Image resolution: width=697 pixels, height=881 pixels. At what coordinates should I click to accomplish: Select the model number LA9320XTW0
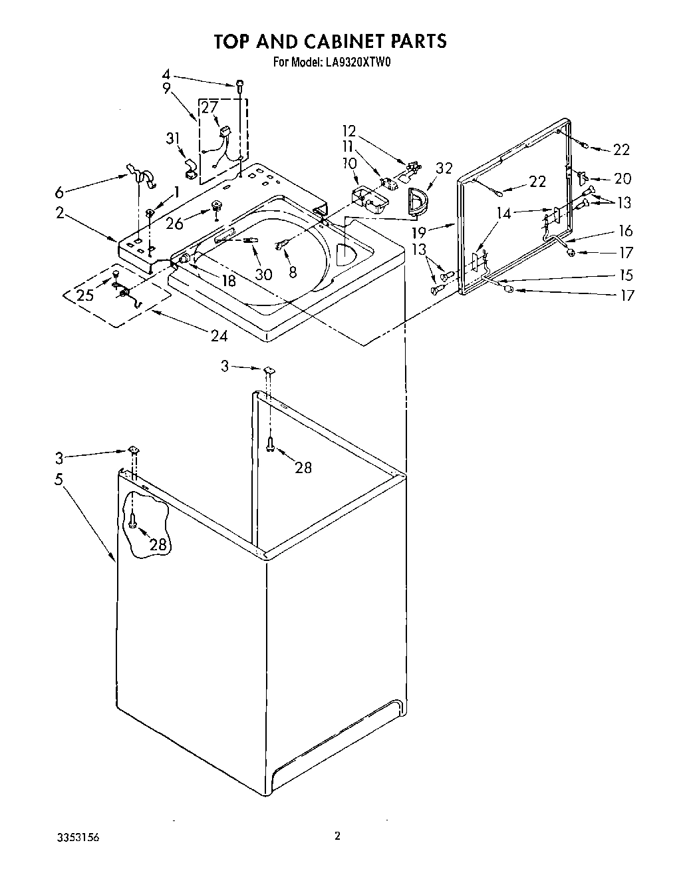[356, 64]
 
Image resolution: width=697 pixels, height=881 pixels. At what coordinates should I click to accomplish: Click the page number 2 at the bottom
[337, 836]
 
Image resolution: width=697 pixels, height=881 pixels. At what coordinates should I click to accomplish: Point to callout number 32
[443, 168]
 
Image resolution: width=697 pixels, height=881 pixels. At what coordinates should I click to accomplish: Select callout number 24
[219, 336]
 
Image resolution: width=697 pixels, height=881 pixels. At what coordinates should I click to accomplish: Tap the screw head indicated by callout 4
[239, 85]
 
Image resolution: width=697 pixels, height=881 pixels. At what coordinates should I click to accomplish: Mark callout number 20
[623, 178]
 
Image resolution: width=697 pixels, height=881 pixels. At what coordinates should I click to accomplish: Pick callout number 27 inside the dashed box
[209, 106]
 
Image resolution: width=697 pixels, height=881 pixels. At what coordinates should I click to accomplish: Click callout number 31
[172, 138]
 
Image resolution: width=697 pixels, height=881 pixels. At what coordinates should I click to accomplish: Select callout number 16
[625, 231]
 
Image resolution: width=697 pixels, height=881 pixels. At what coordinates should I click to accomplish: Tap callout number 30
[263, 273]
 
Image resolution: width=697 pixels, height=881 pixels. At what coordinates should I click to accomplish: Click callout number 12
[349, 130]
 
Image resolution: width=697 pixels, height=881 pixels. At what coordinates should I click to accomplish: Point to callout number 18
[228, 280]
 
